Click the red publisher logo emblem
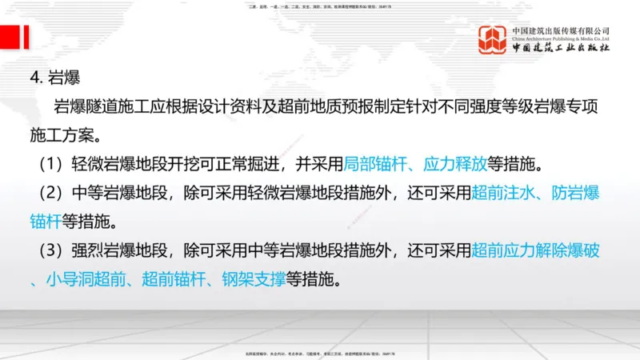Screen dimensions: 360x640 492,40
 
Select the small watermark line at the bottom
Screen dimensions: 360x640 320,353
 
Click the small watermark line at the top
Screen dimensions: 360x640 320,6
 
